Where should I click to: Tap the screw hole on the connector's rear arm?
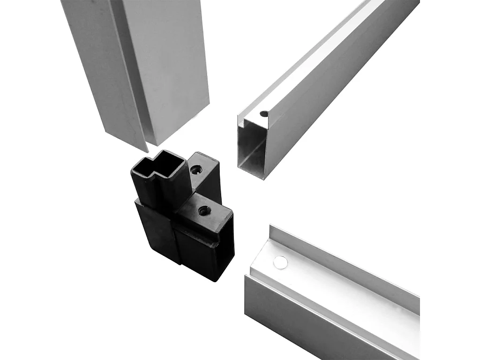pyautogui.click(x=195, y=170)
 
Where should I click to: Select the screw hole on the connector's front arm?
pyautogui.click(x=204, y=211)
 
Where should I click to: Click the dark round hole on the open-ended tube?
pyautogui.click(x=264, y=113)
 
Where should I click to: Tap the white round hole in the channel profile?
pyautogui.click(x=280, y=262)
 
